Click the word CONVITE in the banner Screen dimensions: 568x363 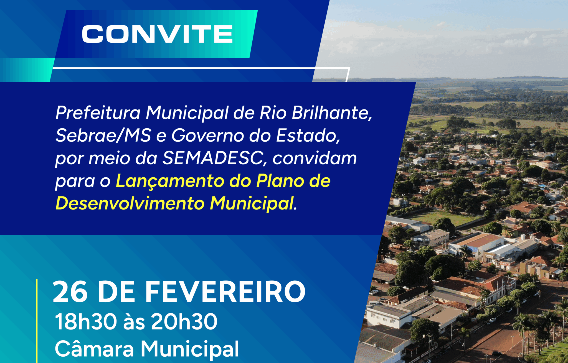pos(157,34)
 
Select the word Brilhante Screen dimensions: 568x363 pos(332,113)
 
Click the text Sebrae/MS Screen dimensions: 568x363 pos(103,136)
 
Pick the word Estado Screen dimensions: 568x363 pos(308,136)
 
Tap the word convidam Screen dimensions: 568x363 pos(315,158)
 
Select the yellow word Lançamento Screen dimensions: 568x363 pos(170,181)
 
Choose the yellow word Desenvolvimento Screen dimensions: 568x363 pos(130,203)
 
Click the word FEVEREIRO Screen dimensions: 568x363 pos(225,292)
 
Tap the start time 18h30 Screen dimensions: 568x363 pos(86,321)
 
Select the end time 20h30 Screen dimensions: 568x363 pos(184,321)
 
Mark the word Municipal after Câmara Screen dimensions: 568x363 pos(190,349)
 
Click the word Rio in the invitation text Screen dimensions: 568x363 pos(273,113)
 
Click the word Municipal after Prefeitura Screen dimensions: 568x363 pos(187,113)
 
